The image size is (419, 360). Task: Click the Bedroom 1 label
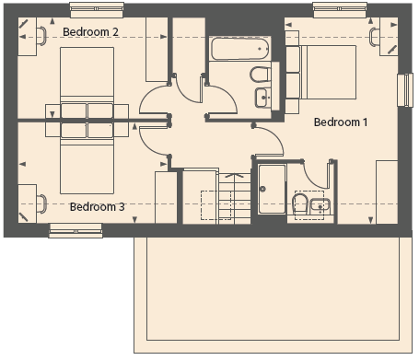coord(341,122)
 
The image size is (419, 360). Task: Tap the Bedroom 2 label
coord(90,32)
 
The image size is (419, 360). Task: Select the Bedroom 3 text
coord(97,207)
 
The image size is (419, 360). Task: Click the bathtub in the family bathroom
coord(240,49)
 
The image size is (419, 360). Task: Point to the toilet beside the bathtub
coord(261,75)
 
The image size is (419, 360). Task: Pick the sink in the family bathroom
coord(262,98)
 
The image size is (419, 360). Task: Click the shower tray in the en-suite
coord(272,189)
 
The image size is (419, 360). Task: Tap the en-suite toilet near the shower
coord(300,203)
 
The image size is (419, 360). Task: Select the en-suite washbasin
coord(320,206)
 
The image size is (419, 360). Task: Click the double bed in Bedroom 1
coord(328,72)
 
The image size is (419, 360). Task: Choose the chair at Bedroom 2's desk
coord(42,36)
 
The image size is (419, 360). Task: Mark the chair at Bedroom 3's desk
coord(42,203)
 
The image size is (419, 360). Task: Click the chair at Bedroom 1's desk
coord(374,37)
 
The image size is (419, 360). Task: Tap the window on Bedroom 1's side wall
coord(405,90)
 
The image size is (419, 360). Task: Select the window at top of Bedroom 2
coord(97,10)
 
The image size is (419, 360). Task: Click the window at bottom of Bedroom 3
coord(76,230)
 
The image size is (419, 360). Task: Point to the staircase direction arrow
coord(235,176)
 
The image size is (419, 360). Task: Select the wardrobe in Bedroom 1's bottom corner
coord(387,192)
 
